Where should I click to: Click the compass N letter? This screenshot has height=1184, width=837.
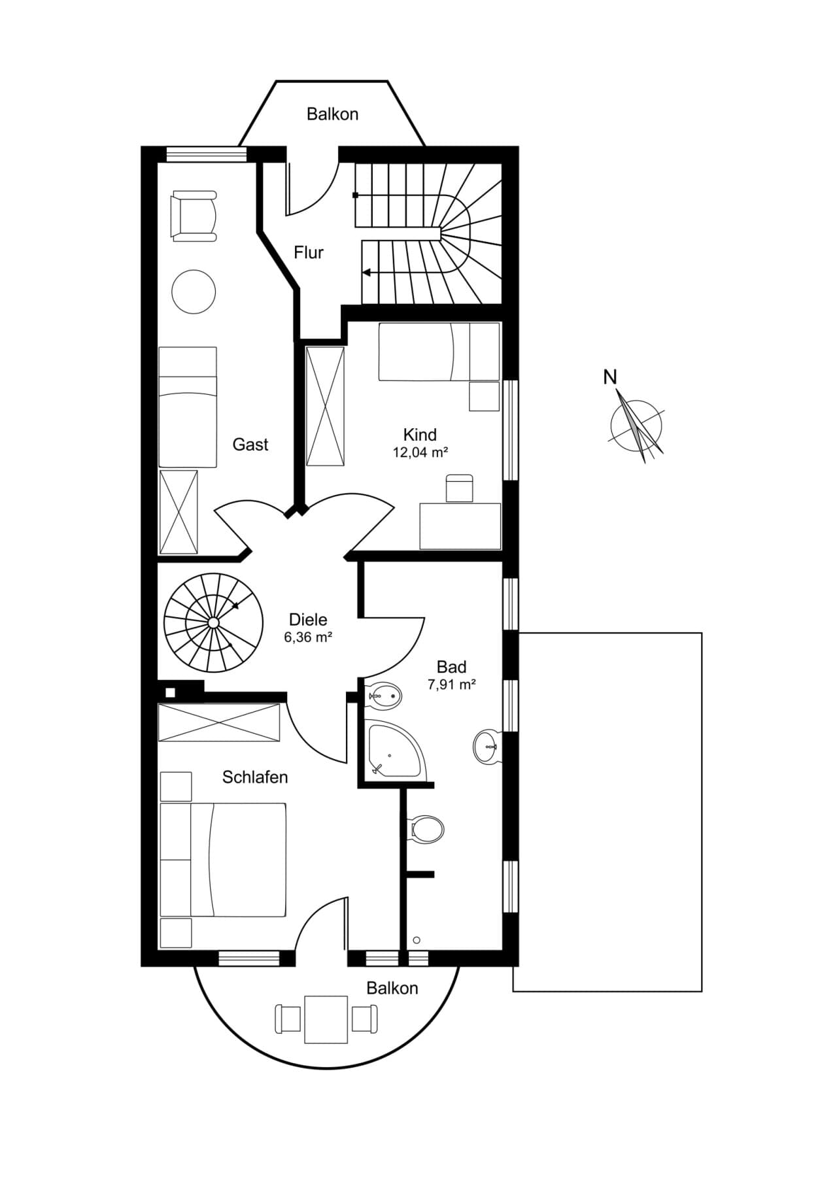(x=610, y=377)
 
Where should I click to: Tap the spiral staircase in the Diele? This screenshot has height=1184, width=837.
(x=213, y=623)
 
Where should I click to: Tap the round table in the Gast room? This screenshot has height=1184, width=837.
(x=194, y=292)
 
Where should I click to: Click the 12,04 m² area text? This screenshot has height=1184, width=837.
(x=420, y=452)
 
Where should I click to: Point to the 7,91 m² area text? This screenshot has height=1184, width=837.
(x=451, y=685)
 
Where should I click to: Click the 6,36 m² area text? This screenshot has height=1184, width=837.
(x=308, y=637)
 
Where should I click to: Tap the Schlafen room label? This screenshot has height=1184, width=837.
(x=255, y=777)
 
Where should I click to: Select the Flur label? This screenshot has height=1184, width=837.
(x=309, y=252)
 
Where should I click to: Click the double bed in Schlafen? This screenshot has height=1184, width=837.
(x=223, y=860)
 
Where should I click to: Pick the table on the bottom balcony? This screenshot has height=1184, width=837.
(x=326, y=1019)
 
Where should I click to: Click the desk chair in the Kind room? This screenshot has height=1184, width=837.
(x=459, y=488)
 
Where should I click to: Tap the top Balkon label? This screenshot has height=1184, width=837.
(x=333, y=114)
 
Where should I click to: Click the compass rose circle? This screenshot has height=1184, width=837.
(x=636, y=426)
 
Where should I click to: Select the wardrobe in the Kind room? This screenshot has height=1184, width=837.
(x=326, y=407)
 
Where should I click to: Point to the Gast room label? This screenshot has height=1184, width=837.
(x=250, y=445)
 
